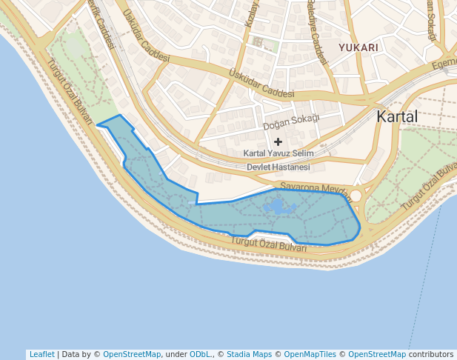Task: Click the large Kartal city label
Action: click(397, 116)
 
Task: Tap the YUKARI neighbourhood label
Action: click(358, 47)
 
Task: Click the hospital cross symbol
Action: click(278, 141)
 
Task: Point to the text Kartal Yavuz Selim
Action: click(278, 153)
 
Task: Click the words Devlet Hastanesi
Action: click(278, 167)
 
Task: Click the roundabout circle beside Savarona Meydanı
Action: click(356, 196)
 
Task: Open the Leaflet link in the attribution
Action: click(41, 354)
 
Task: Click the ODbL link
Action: click(201, 354)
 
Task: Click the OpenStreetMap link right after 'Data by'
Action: click(132, 354)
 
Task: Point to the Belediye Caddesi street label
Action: click(317, 41)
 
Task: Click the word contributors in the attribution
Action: click(430, 354)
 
